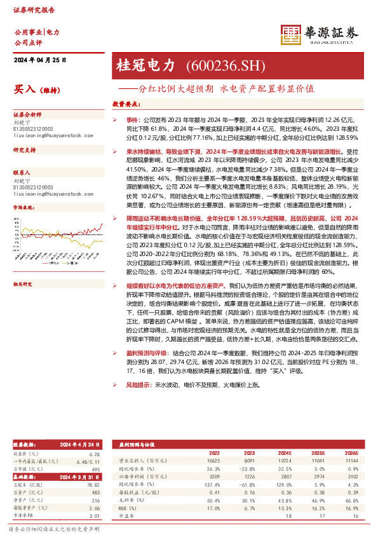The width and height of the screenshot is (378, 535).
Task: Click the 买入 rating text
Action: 24,90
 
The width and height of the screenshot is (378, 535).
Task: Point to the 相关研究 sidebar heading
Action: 24,267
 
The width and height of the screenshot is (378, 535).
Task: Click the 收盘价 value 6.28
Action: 95,454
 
